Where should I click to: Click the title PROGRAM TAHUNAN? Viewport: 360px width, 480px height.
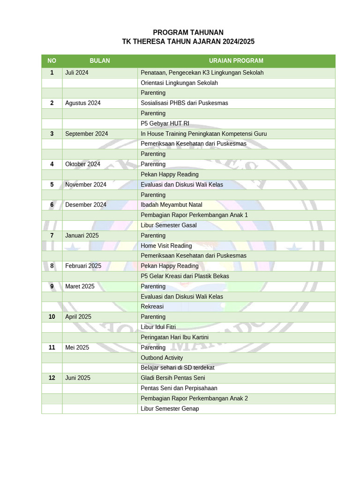(x=188, y=32)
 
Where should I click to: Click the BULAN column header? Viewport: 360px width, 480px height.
(x=100, y=61)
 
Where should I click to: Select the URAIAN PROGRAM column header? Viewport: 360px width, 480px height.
(x=236, y=61)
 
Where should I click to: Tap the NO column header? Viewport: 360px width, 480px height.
(x=52, y=61)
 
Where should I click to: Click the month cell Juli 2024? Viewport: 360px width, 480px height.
(x=77, y=73)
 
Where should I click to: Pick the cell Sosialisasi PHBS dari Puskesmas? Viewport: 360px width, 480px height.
(x=184, y=103)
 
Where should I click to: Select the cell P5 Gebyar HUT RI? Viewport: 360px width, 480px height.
(x=165, y=124)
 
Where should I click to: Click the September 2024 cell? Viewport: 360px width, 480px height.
(x=87, y=134)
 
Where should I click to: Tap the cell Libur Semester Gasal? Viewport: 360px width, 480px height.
(x=169, y=225)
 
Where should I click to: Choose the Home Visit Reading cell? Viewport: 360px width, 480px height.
(x=166, y=246)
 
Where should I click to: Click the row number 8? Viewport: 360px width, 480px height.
(x=52, y=266)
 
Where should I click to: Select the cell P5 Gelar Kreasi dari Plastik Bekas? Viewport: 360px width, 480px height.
(x=185, y=276)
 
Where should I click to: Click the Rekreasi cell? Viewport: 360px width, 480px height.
(x=152, y=307)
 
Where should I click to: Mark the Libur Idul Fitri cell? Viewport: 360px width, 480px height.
(x=158, y=327)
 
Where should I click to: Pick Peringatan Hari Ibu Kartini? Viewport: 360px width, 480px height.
(x=174, y=337)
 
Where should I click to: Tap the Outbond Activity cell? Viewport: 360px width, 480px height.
(x=162, y=358)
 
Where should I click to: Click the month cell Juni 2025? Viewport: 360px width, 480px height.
(x=78, y=378)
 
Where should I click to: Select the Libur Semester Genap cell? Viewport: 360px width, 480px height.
(x=170, y=409)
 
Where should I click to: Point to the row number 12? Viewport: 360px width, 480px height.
(x=52, y=378)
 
